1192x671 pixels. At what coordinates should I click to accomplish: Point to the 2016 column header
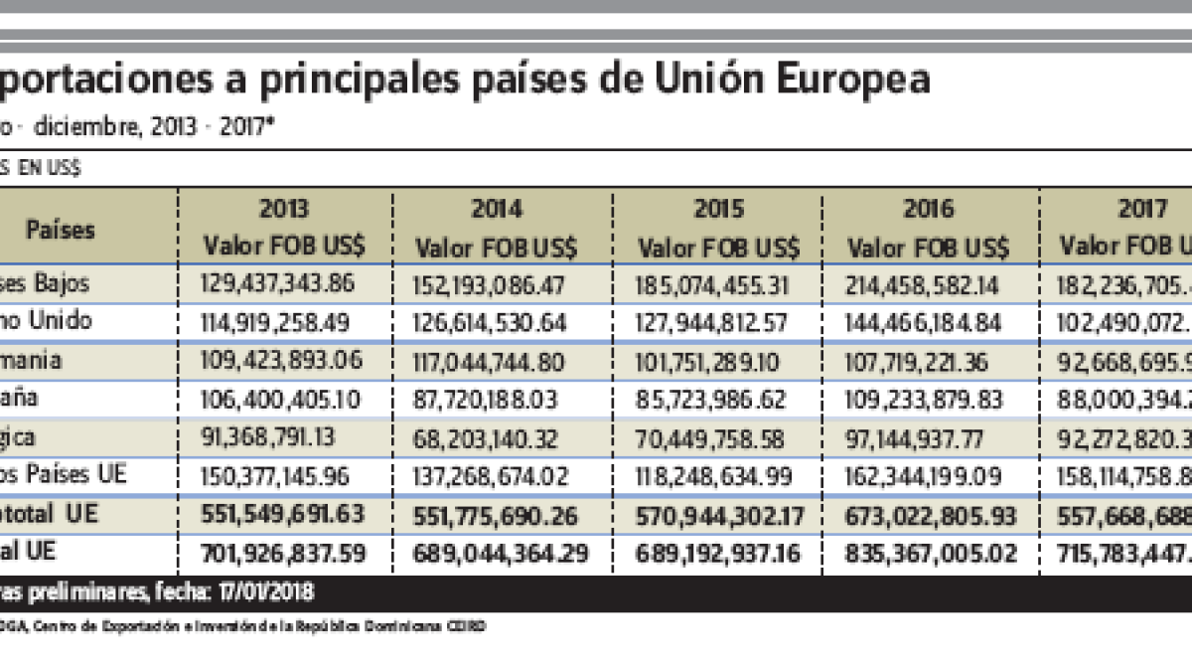point(928,210)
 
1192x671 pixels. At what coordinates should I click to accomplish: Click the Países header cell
point(61,230)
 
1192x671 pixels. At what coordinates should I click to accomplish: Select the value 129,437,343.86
point(277,283)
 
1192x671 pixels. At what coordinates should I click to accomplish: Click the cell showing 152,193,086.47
point(489,285)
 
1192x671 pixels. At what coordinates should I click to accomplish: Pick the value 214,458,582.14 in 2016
point(923,284)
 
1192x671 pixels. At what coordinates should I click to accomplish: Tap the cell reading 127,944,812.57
point(711,322)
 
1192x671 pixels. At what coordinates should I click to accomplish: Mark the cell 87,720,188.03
point(485,400)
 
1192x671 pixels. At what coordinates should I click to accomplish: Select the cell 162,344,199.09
point(923,475)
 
